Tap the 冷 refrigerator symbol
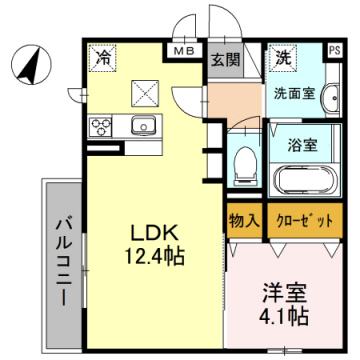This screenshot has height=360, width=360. point(102,60)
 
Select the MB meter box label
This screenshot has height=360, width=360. point(185,49)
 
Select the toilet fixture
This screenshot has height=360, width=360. point(242,163)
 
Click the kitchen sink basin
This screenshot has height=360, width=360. point(143,127)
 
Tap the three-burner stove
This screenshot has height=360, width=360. point(102,127)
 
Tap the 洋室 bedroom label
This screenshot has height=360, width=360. point(283,294)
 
